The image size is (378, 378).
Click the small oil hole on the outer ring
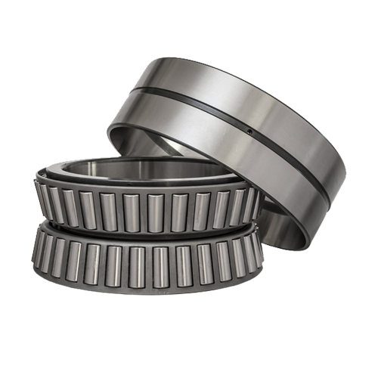(250, 130)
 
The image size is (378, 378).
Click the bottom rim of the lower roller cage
(144, 290)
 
